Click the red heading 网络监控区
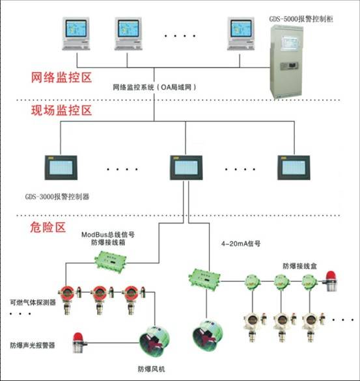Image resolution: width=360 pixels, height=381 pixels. point(61,77)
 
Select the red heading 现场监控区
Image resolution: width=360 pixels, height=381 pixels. point(61,111)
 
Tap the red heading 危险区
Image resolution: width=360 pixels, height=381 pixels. point(48,228)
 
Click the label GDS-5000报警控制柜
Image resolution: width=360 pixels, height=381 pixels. point(301,19)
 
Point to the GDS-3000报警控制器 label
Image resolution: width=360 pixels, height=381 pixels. point(57,196)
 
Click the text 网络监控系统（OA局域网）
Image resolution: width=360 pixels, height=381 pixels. point(154,87)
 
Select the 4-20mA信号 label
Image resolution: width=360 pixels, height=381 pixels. point(241,243)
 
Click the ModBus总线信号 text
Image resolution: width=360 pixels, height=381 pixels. point(108,235)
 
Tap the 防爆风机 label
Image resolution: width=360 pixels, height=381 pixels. point(151,369)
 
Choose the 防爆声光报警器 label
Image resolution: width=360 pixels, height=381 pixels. point(33,345)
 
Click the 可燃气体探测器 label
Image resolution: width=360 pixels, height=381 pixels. point(33,302)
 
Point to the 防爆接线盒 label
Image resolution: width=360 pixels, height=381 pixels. point(299,266)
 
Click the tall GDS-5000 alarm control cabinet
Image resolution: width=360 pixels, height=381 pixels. point(286,62)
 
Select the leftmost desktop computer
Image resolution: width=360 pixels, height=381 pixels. point(76,34)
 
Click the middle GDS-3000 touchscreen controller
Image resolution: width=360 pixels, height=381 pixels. point(186,168)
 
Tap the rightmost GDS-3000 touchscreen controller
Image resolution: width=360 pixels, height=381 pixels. point(294,168)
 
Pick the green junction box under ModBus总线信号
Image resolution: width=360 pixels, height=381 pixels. point(111,262)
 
